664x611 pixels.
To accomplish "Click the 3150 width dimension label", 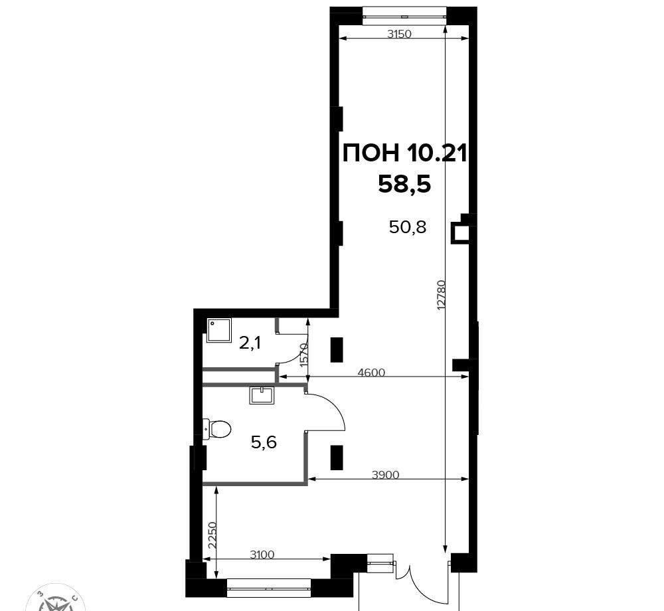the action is click(399, 34).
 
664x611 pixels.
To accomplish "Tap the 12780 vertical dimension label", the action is click(442, 295).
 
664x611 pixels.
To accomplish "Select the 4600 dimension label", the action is click(371, 373).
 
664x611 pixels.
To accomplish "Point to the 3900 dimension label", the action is click(385, 475).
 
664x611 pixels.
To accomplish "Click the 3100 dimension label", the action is click(262, 555).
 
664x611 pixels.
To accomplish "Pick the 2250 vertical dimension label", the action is click(212, 535).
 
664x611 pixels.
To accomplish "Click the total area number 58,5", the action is click(404, 185).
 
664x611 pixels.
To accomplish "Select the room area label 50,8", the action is click(408, 228).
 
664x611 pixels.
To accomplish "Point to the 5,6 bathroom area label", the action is click(264, 443).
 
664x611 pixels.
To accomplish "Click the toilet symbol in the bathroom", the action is click(216, 429).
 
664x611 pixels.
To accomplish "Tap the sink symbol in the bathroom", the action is click(262, 395).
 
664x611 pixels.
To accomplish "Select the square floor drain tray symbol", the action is click(219, 331).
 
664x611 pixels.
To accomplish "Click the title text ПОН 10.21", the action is click(404, 153).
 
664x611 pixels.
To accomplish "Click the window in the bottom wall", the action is click(270, 588).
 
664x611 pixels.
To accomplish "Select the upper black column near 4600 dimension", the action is click(336, 349).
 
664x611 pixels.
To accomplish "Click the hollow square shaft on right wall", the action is click(460, 234).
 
